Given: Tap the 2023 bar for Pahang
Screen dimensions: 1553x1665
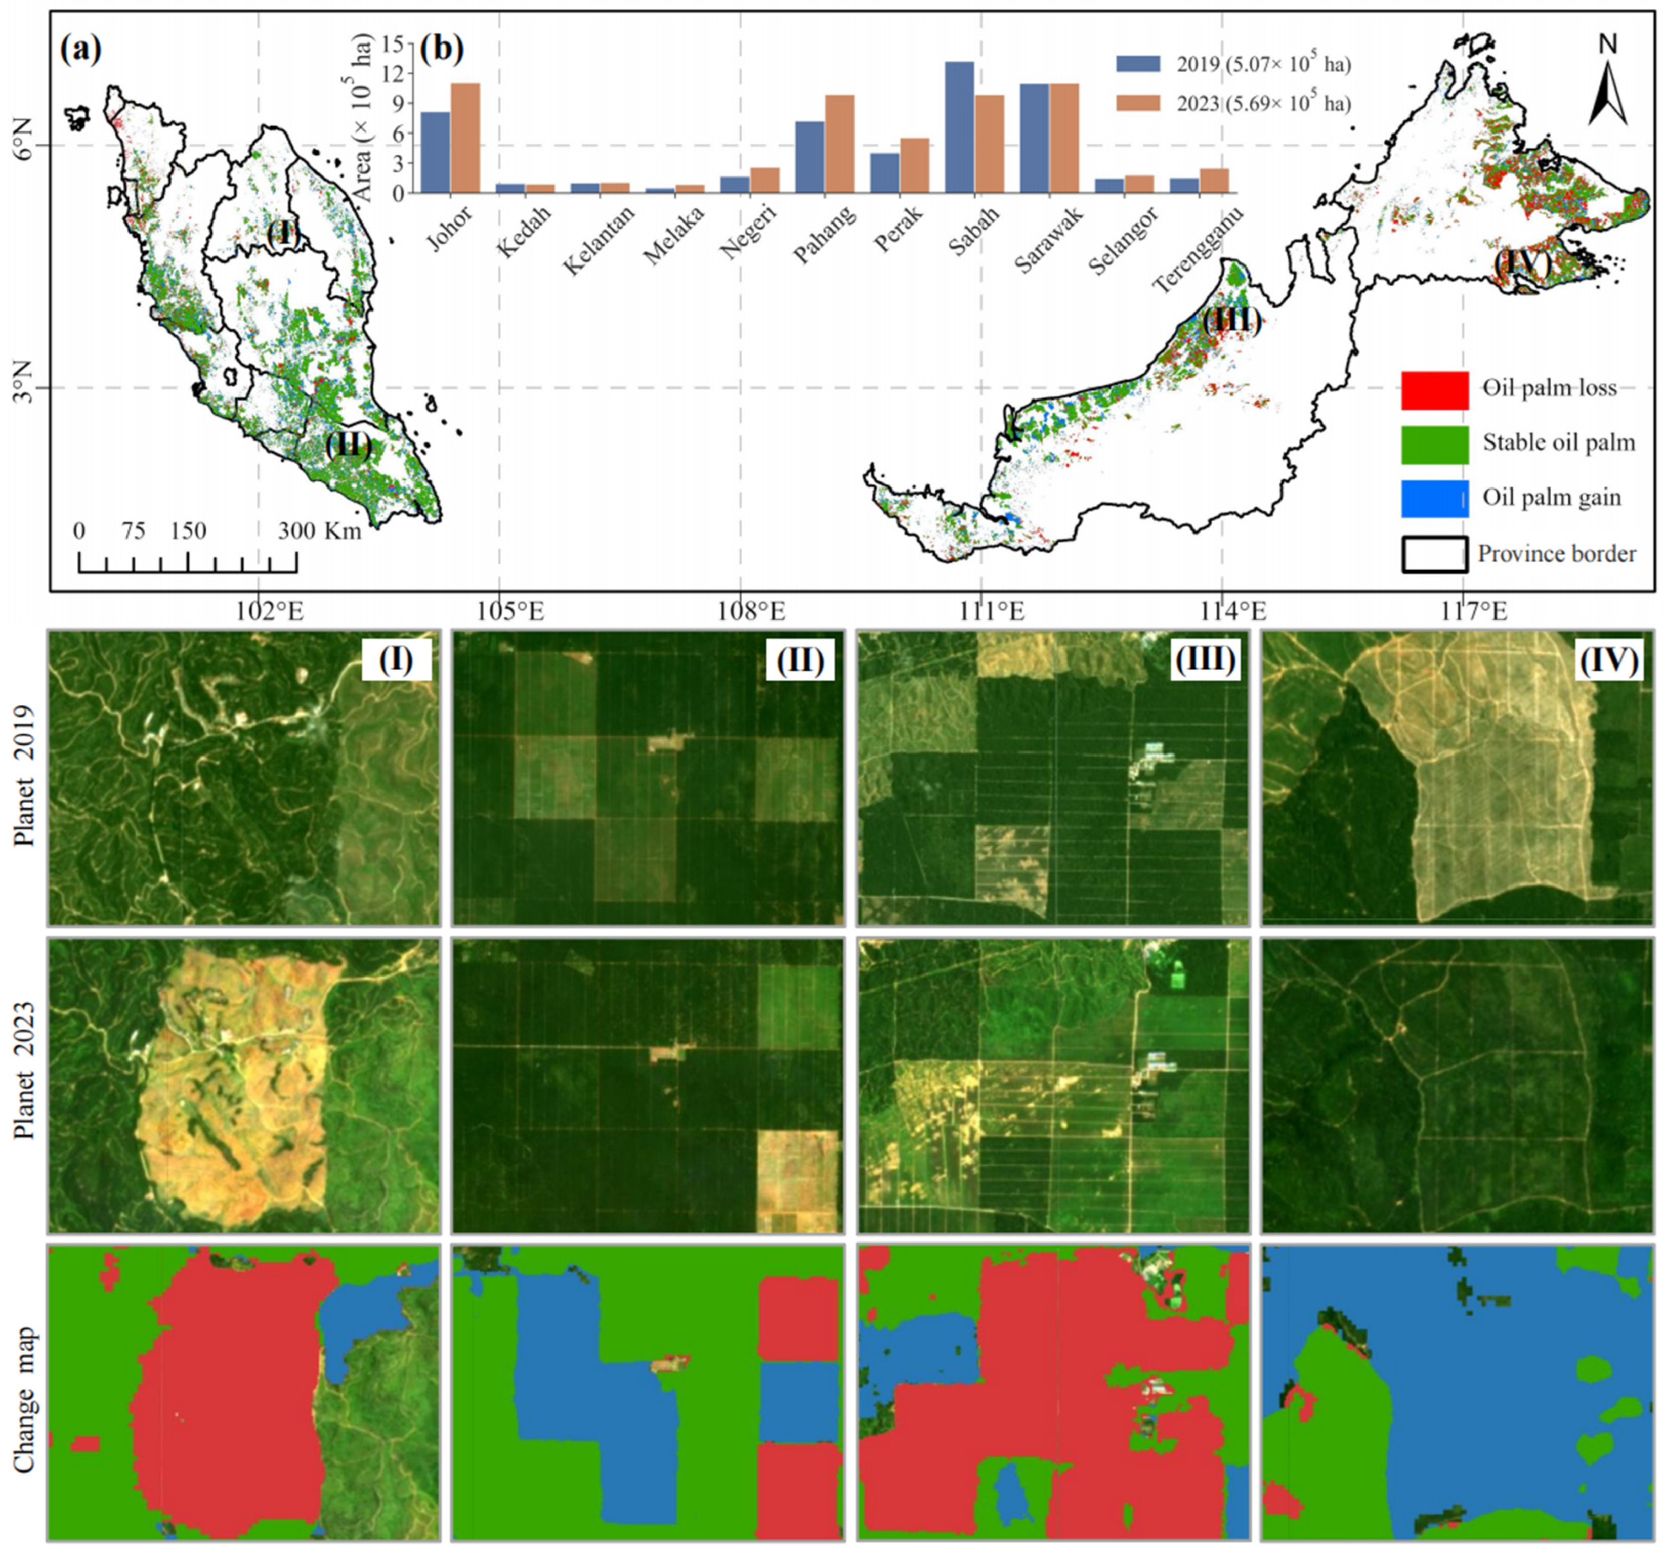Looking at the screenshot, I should [840, 144].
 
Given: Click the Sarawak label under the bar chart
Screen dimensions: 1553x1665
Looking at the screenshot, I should [1049, 239].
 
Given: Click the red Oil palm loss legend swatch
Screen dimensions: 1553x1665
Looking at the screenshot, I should [1435, 390].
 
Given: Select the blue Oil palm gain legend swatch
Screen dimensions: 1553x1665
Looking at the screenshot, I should [1435, 498].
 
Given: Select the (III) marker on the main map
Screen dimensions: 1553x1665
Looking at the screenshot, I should [1231, 321].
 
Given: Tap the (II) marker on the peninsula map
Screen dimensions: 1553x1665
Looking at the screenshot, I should [349, 443].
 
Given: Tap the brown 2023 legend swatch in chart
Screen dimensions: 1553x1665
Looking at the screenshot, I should [1138, 102].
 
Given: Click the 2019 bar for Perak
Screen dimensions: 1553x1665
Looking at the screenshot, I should [884, 172].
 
